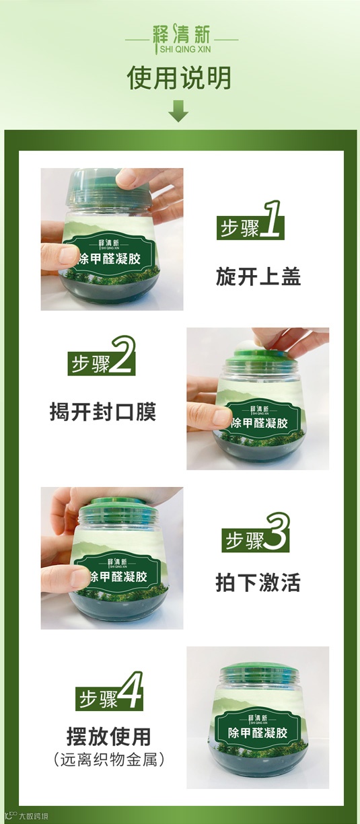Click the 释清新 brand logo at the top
(182, 38)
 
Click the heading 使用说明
(179, 77)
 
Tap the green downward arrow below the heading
(178, 111)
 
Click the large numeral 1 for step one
(272, 219)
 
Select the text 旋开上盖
(258, 276)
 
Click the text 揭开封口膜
(103, 411)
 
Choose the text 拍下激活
(258, 582)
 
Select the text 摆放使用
(109, 737)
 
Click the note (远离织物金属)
(109, 759)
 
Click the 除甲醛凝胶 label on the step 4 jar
(257, 733)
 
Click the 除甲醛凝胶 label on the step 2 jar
(260, 422)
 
